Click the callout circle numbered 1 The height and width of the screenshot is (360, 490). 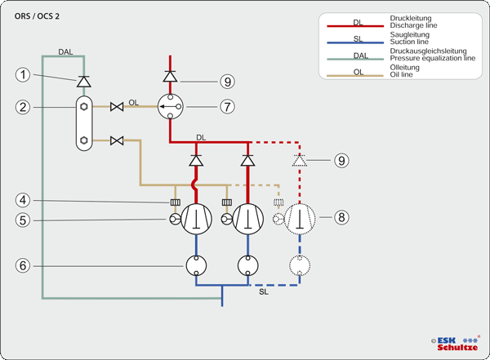coord(24,75)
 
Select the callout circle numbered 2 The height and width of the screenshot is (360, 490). coord(24,107)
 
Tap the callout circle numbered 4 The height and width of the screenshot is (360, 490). coord(24,201)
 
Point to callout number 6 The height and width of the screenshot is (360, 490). coord(24,266)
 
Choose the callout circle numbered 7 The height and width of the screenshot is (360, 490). coord(227,106)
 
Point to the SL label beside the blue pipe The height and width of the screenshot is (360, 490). coord(263,291)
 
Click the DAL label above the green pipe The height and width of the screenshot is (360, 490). coord(66,52)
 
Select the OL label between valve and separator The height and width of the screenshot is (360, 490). coord(133,103)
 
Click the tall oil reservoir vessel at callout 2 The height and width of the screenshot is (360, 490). coord(83,124)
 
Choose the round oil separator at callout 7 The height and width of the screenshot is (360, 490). coord(170,106)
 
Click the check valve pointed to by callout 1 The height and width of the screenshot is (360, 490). coord(82,82)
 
